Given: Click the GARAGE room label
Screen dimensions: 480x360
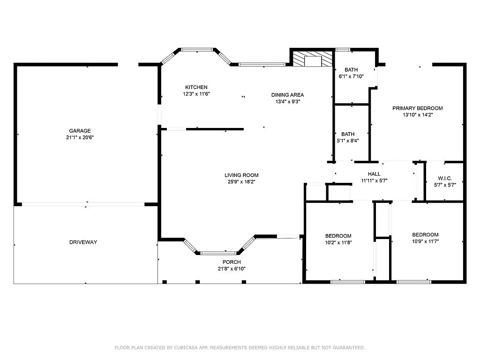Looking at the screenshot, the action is pyautogui.click(x=80, y=131).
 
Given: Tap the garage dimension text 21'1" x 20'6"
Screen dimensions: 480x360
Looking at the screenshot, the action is pyautogui.click(x=80, y=137).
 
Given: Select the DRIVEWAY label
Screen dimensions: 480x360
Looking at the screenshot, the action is pyautogui.click(x=83, y=242).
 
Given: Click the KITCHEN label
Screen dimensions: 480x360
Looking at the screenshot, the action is pyautogui.click(x=196, y=87).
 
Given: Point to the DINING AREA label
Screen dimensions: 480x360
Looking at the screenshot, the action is pyautogui.click(x=287, y=95).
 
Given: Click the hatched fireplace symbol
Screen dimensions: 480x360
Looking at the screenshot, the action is pyautogui.click(x=313, y=59).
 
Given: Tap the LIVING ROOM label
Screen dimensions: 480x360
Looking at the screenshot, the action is pyautogui.click(x=241, y=175).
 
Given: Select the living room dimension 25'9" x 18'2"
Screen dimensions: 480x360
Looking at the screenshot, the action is pyautogui.click(x=241, y=182).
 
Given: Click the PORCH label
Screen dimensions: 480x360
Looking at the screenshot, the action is pyautogui.click(x=232, y=262).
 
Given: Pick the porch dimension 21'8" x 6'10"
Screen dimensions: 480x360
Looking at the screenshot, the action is pyautogui.click(x=232, y=269).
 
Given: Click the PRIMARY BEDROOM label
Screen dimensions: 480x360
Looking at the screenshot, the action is pyautogui.click(x=418, y=108).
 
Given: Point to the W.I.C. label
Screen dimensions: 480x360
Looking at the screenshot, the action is pyautogui.click(x=445, y=178).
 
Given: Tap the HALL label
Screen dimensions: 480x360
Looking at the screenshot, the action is pyautogui.click(x=374, y=174).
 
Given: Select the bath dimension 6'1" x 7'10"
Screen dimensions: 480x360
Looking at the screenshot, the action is pyautogui.click(x=351, y=76).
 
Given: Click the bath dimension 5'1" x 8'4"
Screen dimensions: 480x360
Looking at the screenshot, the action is pyautogui.click(x=348, y=141).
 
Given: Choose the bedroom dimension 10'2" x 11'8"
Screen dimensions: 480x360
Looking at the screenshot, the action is pyautogui.click(x=338, y=242).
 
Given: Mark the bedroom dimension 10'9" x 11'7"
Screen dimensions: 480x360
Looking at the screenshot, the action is pyautogui.click(x=426, y=241).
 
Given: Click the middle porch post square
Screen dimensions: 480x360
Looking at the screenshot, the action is pyautogui.click(x=197, y=282).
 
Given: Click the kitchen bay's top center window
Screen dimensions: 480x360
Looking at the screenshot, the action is pyautogui.click(x=197, y=50).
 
